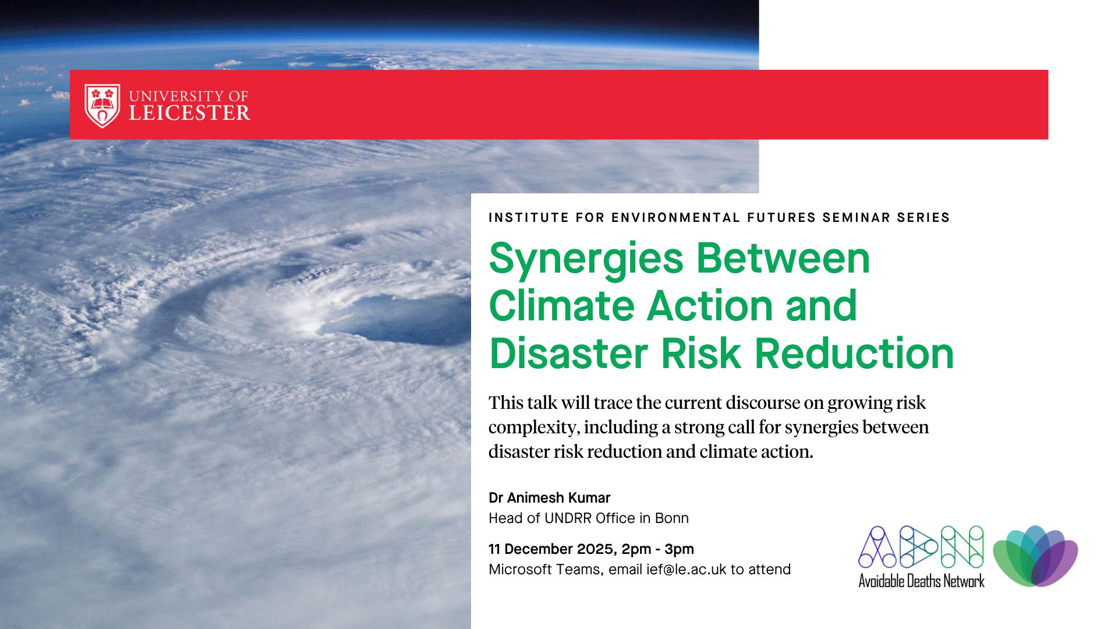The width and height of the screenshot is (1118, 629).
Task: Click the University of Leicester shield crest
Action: click(x=102, y=105)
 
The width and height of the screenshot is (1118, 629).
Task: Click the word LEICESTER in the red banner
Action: click(x=190, y=113)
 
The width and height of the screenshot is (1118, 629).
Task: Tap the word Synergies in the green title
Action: click(x=586, y=260)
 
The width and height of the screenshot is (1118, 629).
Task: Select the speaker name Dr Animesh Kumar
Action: click(x=549, y=498)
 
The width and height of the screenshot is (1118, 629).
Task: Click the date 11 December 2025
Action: click(x=551, y=549)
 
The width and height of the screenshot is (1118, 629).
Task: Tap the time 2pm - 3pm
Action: click(x=658, y=550)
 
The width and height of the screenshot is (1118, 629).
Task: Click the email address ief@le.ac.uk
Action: click(x=687, y=570)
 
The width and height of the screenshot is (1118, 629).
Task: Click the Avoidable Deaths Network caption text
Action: click(x=921, y=581)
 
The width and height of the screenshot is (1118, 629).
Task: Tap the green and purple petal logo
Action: click(x=1035, y=556)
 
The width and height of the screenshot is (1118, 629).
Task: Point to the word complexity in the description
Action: click(x=533, y=428)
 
